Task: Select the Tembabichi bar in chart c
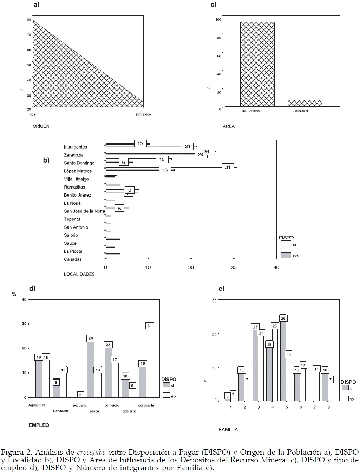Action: pos(305,103)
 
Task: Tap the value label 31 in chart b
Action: pos(228,167)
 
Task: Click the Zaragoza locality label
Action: pos(73,155)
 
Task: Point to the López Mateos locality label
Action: pos(78,171)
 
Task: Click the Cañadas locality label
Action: pos(73,259)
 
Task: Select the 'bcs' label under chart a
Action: pos(32,114)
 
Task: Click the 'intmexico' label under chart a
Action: pos(143,114)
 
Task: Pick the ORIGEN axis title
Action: pos(41,126)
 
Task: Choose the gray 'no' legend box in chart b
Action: pos(286,255)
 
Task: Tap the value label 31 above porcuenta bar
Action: pos(150,326)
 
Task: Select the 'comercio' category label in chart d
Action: pos(112,405)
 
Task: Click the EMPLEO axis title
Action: pos(39,425)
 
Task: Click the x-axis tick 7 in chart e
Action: pos(315,407)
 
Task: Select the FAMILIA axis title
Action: pos(228,429)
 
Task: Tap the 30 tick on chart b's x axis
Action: pos(234,268)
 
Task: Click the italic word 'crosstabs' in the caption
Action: pos(91,452)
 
